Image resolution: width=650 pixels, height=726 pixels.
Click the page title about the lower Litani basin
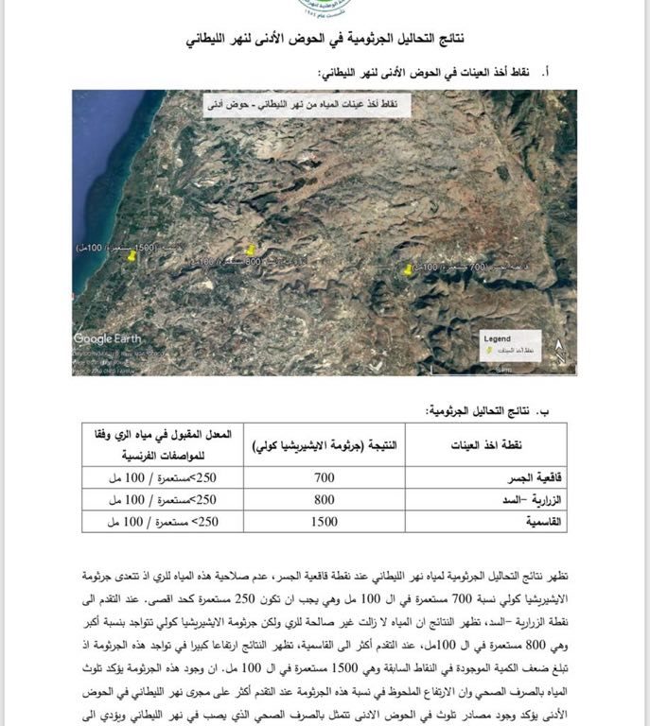[x=325, y=42]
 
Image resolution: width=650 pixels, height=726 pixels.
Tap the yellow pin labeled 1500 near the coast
[x=132, y=256]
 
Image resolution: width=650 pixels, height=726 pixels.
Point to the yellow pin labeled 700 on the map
[x=408, y=269]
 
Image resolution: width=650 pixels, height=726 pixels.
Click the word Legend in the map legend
[x=497, y=338]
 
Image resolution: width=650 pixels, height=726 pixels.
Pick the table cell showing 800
[x=324, y=500]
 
